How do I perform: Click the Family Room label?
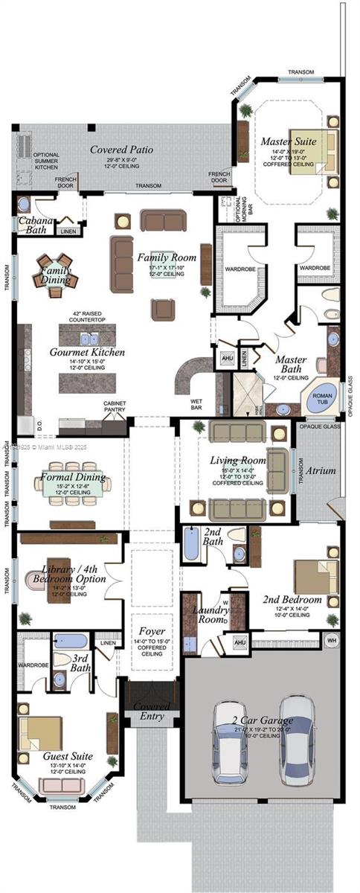point(161,257)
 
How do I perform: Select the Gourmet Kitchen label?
point(88,351)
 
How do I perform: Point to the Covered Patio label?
point(122,150)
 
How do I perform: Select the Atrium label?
point(320,470)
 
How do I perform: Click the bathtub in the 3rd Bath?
point(71,641)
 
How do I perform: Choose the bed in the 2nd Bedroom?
point(316,576)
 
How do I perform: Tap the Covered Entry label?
point(152,711)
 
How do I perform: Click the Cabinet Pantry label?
point(114,407)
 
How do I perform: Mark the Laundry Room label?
point(210,615)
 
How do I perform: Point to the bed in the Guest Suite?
point(39,732)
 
